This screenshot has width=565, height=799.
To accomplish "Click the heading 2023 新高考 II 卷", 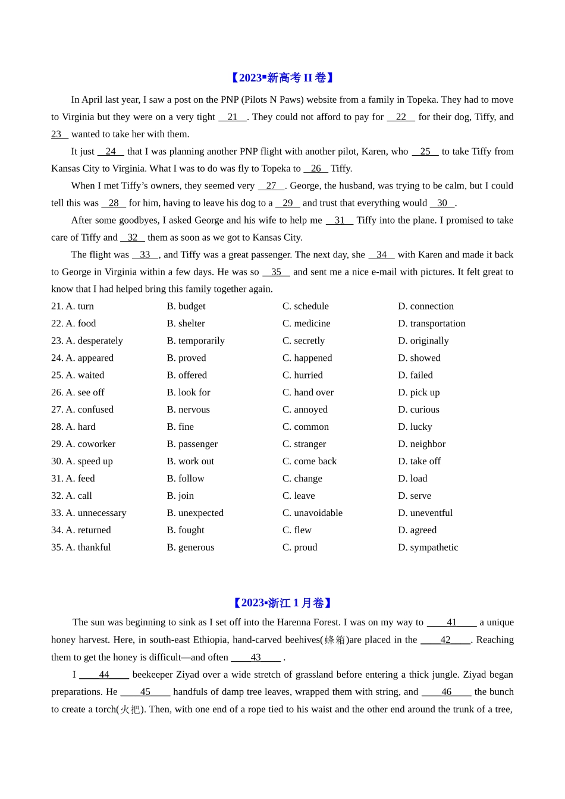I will tap(282, 78).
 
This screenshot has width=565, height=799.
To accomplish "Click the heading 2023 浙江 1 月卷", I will tap(282, 603).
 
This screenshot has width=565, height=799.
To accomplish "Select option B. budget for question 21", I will tap(186, 306).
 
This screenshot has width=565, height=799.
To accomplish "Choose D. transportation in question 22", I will tap(431, 323).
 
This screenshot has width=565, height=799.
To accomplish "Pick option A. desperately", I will tap(87, 341).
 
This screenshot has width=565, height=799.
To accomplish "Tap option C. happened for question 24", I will tap(307, 358).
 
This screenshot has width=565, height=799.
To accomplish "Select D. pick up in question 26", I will tap(419, 392).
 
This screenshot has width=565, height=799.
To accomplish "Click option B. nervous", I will tap(188, 410).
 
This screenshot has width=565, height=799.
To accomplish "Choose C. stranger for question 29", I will tap(304, 444).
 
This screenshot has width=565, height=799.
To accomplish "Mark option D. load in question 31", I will tap(412, 479).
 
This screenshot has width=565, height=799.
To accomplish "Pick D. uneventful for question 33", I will tap(425, 513).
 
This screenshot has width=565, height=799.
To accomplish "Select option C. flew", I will tap(297, 530).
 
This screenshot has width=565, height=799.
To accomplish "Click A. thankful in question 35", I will tap(81, 548).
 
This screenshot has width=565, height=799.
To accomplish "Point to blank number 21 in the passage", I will tap(233, 117).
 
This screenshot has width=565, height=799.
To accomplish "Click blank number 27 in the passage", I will tap(271, 186).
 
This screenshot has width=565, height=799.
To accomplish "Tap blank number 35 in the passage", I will tap(276, 272).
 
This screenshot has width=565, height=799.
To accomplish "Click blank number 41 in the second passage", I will tap(452, 622).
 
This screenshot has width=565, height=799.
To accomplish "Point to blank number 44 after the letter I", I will tap(104, 675).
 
